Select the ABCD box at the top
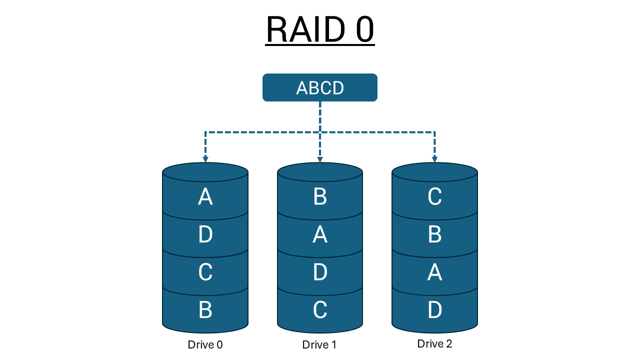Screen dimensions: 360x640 point(320,87)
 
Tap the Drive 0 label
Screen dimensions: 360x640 point(205,344)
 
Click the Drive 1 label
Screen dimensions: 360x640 point(319,344)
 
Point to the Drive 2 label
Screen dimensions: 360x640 point(434,343)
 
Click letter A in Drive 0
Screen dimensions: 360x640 point(205,197)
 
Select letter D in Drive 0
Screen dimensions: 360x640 point(205,234)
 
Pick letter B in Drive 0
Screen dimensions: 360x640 point(205,310)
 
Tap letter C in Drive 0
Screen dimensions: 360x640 point(205,272)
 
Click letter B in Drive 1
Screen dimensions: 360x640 point(320,197)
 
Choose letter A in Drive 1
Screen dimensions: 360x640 point(320,234)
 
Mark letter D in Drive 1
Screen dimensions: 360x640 point(320,272)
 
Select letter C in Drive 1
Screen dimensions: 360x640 point(320,310)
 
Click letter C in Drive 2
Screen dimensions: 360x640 point(434,197)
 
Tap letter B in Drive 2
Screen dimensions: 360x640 point(434,234)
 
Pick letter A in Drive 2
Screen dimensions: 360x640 point(434,272)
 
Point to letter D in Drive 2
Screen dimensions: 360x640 point(434,310)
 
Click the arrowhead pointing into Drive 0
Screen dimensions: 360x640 point(205,159)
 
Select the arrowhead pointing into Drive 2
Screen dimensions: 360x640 point(434,159)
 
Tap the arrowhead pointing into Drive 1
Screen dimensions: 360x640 point(320,159)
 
